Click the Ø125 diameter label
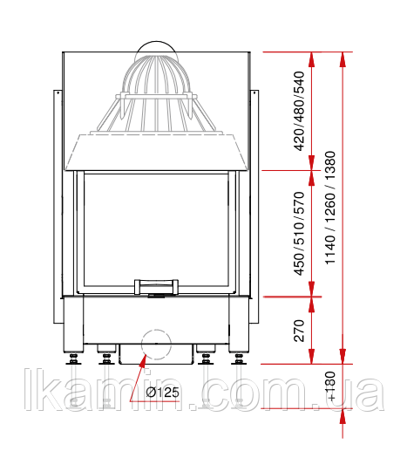point(162,393)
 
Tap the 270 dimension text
point(300,331)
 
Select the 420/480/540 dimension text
point(300,111)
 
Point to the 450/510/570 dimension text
point(300,234)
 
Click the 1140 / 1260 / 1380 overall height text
point(330,208)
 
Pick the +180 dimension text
point(330,386)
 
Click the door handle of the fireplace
point(156,287)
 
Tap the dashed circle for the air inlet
point(156,345)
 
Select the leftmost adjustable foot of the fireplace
point(73,359)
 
